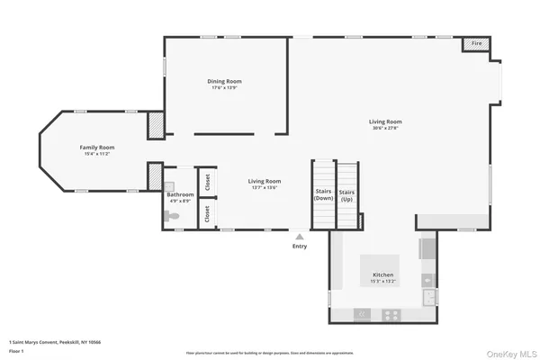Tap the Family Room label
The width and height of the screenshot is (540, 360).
97,149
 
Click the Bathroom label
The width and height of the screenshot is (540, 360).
180,198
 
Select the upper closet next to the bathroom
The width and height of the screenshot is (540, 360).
207,182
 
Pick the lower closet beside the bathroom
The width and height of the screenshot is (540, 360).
207,214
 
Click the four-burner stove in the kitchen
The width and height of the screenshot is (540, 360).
391,314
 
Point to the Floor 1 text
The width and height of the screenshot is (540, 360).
16,349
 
